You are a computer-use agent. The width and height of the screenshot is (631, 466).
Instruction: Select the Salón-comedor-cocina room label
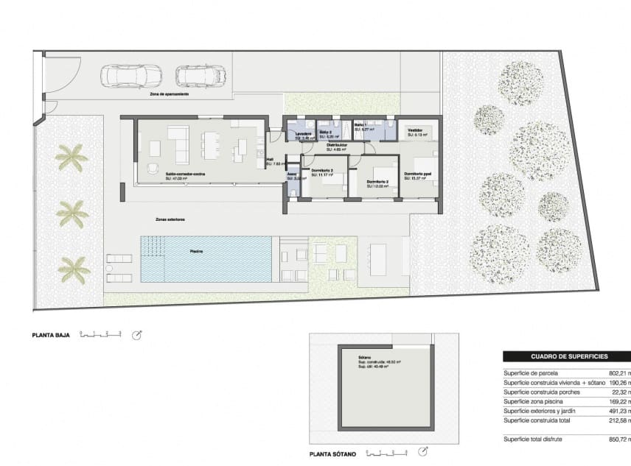pos(185,174)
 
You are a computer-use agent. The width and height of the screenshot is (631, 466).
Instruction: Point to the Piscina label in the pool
pos(197,251)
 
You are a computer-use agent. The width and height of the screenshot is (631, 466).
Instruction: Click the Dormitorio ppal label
pos(418,174)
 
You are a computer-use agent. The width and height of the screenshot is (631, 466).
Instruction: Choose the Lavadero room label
pos(303,133)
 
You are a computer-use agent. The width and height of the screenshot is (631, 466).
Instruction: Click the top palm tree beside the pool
pos(72,158)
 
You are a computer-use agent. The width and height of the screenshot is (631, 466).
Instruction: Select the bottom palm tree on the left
pos(74,269)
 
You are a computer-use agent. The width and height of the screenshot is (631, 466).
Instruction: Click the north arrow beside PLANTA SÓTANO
pos(423,452)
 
